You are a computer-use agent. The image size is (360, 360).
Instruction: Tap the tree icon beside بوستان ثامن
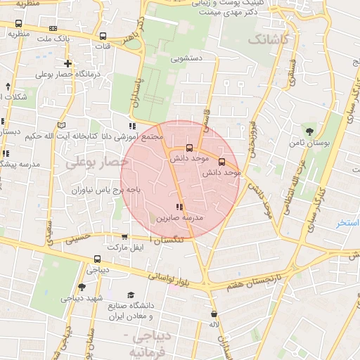[309, 131]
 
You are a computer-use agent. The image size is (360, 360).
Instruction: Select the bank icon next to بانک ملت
[53, 29]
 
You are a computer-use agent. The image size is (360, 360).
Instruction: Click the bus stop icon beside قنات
[103, 36]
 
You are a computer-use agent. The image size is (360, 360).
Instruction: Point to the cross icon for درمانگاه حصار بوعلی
[67, 64]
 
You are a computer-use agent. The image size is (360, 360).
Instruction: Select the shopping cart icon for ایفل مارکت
[124, 237]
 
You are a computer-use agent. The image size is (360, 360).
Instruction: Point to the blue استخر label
[348, 223]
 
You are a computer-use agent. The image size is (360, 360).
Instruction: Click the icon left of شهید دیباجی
[82, 286]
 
